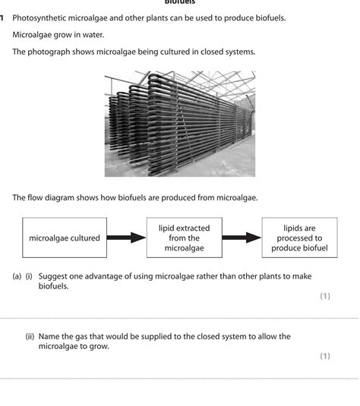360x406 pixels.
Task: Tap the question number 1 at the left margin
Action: click(x=3, y=17)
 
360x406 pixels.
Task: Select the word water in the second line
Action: click(x=93, y=35)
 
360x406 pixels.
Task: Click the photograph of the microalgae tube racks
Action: click(x=179, y=123)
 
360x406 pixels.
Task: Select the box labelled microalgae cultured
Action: click(x=65, y=238)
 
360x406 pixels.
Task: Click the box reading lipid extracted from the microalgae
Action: click(x=184, y=238)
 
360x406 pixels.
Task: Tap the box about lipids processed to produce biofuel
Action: click(x=299, y=238)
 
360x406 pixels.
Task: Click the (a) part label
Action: click(x=16, y=277)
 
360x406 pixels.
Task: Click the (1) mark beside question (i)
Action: click(x=325, y=296)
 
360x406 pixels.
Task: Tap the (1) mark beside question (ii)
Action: click(x=325, y=355)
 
